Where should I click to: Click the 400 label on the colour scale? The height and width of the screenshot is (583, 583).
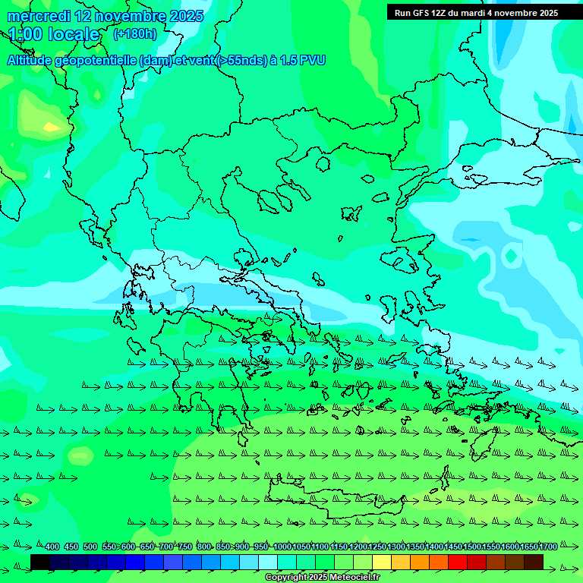click(52, 547)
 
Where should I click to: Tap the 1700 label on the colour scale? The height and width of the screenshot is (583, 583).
click(548, 547)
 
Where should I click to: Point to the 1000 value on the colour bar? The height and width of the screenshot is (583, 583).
click(282, 547)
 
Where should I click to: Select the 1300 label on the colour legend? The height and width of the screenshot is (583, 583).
click(396, 547)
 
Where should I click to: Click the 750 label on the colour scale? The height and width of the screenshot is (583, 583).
click(185, 547)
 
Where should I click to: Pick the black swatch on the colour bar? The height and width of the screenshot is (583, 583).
click(40, 562)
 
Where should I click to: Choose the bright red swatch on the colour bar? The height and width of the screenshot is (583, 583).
click(458, 562)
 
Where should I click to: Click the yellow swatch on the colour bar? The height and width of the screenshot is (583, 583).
click(382, 562)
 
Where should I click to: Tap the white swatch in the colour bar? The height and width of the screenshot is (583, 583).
click(268, 562)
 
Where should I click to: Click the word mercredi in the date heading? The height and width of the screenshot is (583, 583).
click(37, 16)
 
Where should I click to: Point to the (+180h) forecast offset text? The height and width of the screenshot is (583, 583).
click(134, 34)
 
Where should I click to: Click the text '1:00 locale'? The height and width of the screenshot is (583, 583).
click(54, 34)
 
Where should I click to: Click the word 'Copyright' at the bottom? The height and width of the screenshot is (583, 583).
click(285, 578)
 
